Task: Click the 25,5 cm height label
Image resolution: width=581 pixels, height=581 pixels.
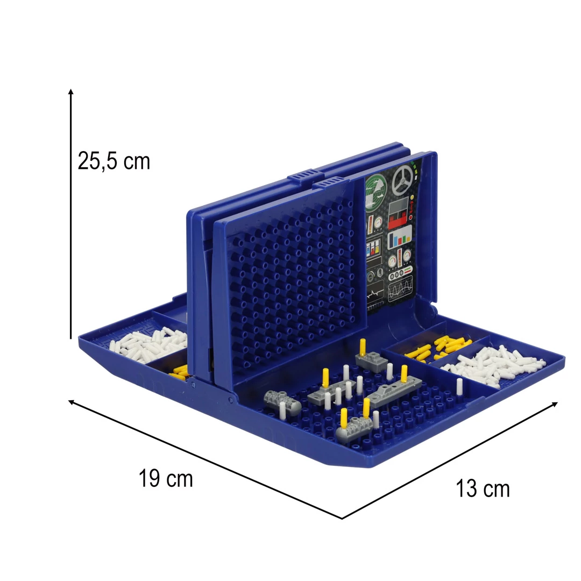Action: [x=114, y=161]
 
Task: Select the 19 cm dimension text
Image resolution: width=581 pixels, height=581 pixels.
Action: [x=166, y=478]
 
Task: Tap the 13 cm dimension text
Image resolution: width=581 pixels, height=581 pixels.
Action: [x=483, y=488]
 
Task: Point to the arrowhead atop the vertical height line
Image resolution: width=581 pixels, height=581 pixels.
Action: [x=71, y=91]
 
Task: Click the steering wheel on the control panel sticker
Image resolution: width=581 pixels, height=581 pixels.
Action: [x=402, y=180]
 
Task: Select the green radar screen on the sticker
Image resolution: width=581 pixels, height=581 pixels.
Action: [x=375, y=189]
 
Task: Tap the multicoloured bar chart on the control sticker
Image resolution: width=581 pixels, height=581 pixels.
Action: [x=400, y=237]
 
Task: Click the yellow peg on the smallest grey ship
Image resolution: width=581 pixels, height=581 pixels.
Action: [x=363, y=347]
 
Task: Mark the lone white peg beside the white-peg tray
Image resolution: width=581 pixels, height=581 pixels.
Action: [x=459, y=386]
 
